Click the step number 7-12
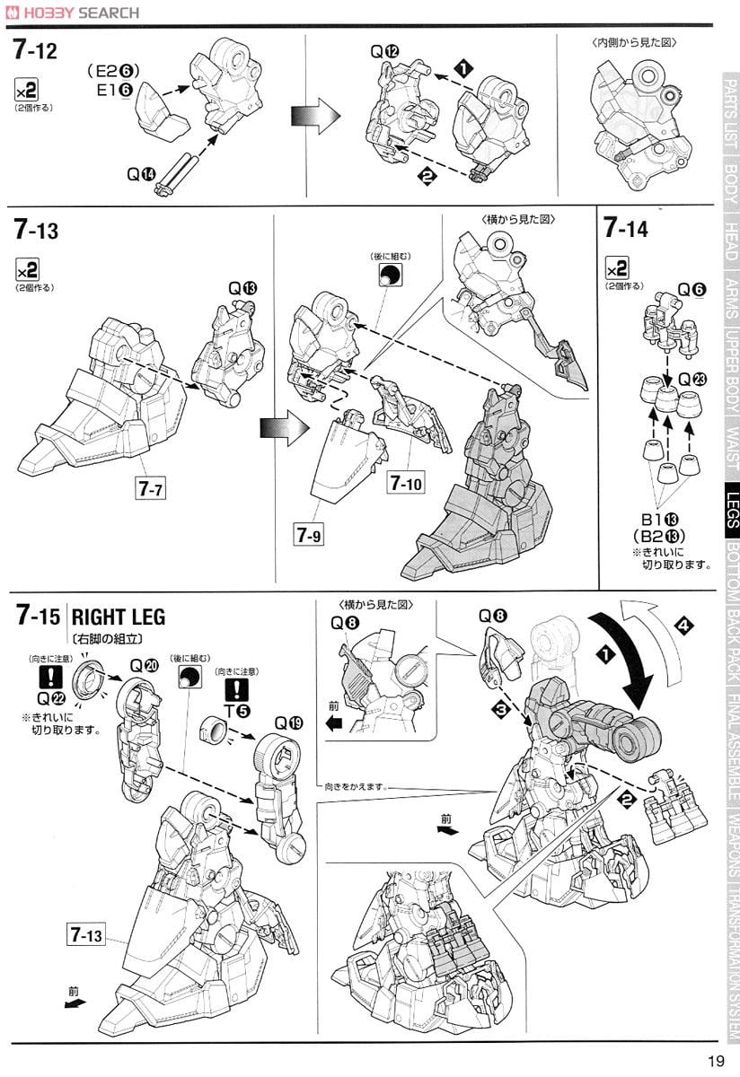36,51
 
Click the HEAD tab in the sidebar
732,242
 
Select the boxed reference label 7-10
406,482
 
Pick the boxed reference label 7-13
85,935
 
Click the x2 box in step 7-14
617,268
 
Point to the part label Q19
288,722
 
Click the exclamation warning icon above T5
236,688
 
